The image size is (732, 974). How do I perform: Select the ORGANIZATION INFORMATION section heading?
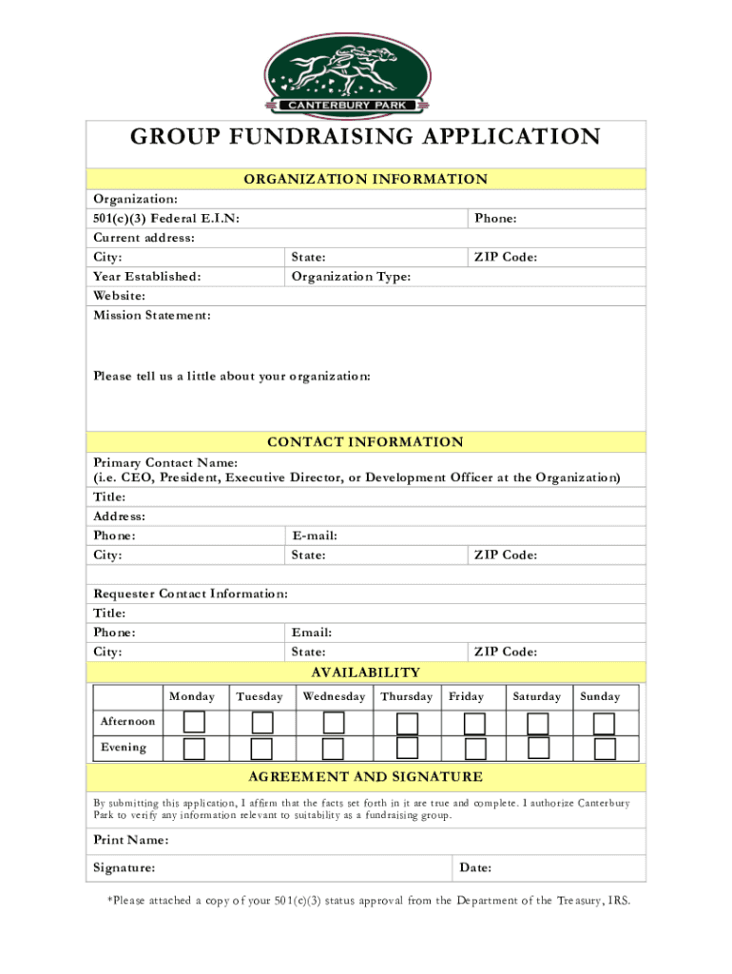(x=366, y=179)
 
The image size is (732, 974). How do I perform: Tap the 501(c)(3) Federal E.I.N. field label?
(x=166, y=219)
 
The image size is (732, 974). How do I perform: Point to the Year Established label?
(x=147, y=277)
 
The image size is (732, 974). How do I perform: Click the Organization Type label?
(x=351, y=277)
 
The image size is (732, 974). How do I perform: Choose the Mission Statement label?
(x=152, y=315)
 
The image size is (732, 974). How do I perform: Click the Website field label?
(x=120, y=296)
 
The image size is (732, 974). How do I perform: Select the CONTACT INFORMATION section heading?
(x=366, y=442)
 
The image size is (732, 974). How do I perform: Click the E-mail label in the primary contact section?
(x=315, y=536)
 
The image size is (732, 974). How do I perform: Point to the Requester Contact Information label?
(x=190, y=594)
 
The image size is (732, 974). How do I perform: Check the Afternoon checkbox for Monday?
(x=194, y=722)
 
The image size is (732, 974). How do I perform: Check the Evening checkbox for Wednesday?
(x=333, y=749)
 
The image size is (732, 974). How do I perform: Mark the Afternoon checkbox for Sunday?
(x=604, y=722)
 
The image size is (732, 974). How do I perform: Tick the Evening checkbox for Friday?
(x=474, y=749)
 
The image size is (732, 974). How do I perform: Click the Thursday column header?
(x=406, y=697)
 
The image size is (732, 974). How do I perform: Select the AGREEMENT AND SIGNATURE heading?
(x=366, y=777)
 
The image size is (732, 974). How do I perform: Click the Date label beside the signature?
(x=475, y=868)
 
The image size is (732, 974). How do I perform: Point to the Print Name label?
(x=131, y=841)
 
